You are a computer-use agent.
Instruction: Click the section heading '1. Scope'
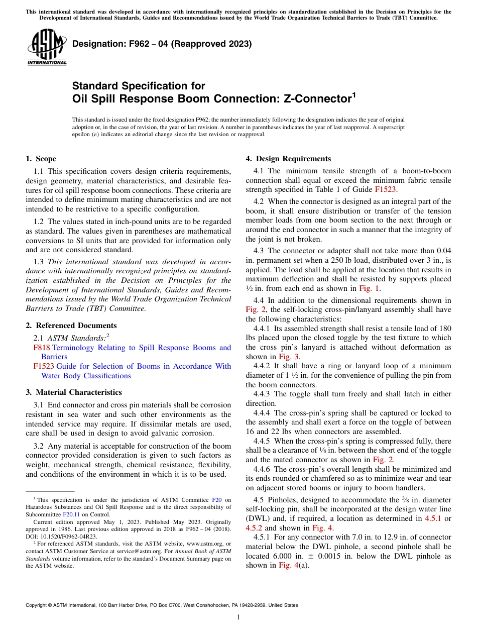pyautogui.click(x=41, y=159)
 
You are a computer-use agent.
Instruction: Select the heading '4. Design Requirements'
pyautogui.click(x=288, y=159)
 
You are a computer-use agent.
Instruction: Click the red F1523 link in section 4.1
pyautogui.click(x=385, y=189)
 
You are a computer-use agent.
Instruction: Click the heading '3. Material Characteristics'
pyautogui.click(x=73, y=392)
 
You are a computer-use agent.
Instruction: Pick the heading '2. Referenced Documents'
pyautogui.click(x=71, y=326)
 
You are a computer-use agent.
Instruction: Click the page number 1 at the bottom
pyautogui.click(x=238, y=617)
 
